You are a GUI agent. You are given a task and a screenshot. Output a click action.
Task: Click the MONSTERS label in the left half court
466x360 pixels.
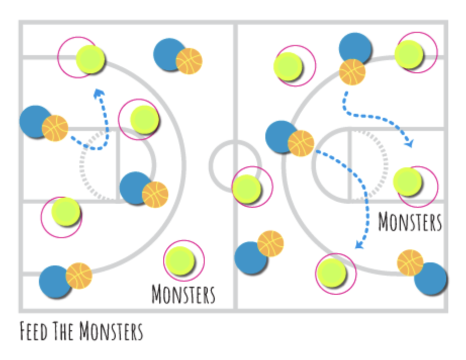[183, 294]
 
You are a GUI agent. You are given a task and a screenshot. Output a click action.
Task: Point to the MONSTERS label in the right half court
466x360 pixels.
[410, 222]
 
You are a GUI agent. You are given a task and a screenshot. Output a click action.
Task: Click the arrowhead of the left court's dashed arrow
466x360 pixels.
[98, 93]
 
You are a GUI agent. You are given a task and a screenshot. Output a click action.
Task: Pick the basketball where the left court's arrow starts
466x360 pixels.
[55, 128]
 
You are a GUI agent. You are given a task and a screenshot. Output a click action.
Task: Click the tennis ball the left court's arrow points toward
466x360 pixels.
[90, 59]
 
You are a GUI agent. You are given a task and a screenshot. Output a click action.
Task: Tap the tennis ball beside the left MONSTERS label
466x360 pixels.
[180, 260]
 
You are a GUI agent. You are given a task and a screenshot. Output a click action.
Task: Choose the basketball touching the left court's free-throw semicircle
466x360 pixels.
[155, 195]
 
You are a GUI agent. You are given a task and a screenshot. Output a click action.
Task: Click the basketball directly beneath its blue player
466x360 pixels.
[352, 71]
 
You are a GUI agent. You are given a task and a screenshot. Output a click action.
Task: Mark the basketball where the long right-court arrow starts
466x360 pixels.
[301, 143]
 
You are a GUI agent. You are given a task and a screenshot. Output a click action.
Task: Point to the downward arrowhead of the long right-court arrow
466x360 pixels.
[359, 245]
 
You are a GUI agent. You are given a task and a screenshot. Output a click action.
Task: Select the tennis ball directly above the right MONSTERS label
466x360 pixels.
[407, 182]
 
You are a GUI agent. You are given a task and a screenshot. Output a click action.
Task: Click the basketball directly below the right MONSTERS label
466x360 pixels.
[410, 262]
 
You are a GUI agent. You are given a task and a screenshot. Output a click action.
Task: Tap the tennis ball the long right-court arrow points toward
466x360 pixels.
[332, 272]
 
